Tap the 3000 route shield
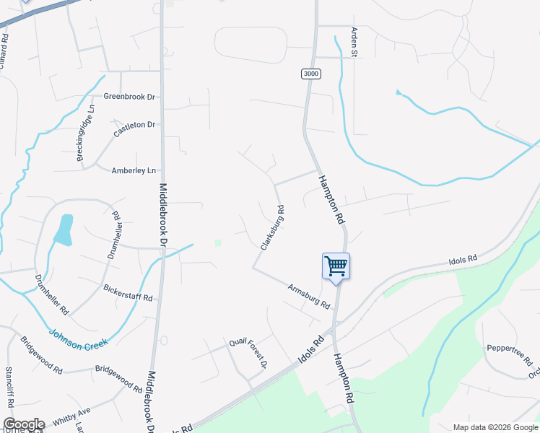coord(310,74)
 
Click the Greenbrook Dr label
coord(130,96)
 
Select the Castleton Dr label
coord(135,129)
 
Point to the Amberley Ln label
coord(134,170)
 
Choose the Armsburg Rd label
coord(308,294)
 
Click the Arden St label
coord(354,42)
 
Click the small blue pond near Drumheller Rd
coord(64,229)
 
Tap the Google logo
coord(23,424)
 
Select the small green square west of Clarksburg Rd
coord(217,242)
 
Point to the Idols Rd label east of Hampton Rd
coord(463,259)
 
